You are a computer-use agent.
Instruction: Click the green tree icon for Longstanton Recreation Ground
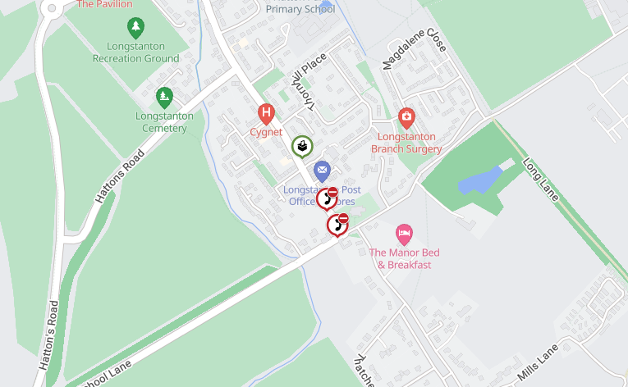136,27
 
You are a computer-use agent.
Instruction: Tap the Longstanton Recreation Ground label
136,52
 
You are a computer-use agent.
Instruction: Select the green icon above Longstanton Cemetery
164,97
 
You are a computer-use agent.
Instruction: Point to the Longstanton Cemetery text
164,121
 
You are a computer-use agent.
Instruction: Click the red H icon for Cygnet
265,113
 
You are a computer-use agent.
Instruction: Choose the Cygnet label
265,132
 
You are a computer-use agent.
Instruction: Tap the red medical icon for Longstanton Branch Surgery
406,118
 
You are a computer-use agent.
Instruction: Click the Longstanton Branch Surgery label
406,143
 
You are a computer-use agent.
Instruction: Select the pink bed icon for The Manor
403,233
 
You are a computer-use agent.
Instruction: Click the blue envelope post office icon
322,171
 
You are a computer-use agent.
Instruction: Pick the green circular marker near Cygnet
302,147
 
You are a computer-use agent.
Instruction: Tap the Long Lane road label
540,180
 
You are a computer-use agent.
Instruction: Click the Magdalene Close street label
415,51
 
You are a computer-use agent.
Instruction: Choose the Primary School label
299,9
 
